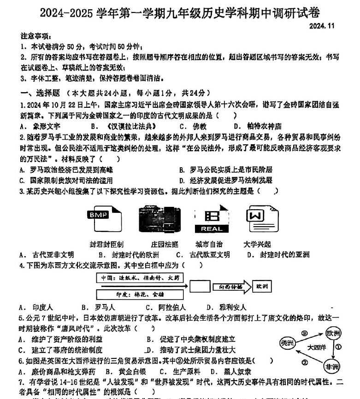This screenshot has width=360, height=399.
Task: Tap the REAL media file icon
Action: (211, 220)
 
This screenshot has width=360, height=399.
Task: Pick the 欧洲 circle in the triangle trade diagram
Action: (334, 333)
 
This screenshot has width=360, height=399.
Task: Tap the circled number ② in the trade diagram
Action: (305, 363)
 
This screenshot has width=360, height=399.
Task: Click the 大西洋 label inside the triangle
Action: (316, 347)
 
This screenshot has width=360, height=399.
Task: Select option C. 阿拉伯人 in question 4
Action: (166, 307)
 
